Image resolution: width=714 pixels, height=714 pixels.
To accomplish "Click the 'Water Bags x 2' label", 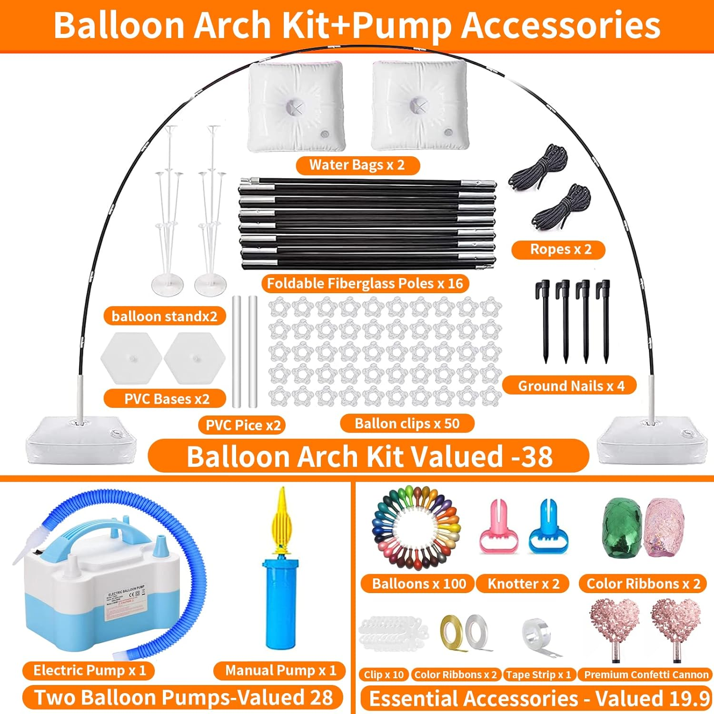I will [357, 165].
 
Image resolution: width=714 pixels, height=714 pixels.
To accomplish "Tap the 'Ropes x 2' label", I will [558, 249].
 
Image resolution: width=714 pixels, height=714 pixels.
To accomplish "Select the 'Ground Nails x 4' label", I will [570, 386].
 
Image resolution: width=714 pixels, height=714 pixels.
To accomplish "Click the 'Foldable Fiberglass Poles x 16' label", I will [365, 284].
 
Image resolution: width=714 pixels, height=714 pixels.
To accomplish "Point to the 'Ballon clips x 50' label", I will [407, 423].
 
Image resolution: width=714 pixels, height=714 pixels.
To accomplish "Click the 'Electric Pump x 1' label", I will [89, 671].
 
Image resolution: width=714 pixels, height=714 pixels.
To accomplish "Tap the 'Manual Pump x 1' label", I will [280, 671].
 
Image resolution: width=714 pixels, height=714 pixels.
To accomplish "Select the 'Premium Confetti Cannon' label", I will [646, 674].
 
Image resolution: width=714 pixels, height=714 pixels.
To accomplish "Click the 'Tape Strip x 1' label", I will [539, 674].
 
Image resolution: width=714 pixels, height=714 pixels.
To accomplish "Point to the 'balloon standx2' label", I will [164, 316].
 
